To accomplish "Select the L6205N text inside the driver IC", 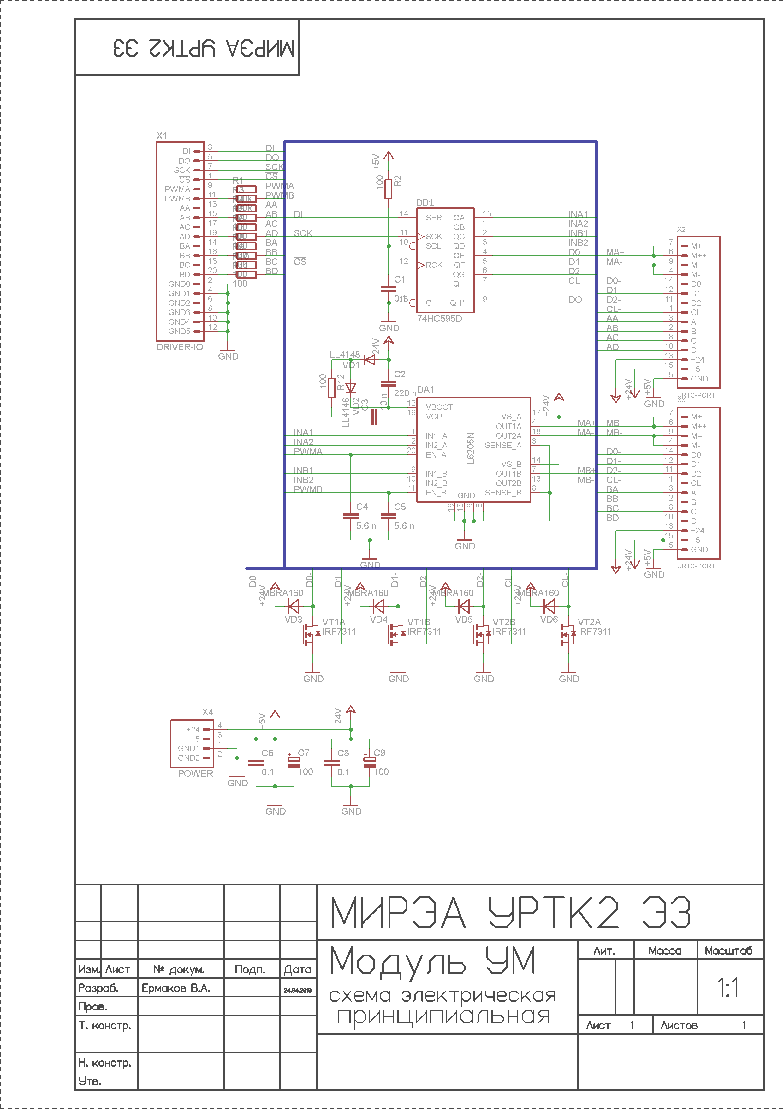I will [471, 448].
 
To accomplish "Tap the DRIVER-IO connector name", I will [180, 347].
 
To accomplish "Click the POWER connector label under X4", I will [195, 773].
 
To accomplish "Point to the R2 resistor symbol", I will [388, 189].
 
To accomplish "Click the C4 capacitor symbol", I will [350, 516].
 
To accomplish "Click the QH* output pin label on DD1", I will [457, 303].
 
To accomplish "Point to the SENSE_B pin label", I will [503, 493].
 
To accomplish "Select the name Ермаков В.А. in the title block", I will [176, 988].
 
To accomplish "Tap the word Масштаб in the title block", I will [728, 950].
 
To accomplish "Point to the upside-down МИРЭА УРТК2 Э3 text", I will [203, 48].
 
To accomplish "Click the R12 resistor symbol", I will [332, 388].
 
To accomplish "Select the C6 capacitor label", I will [267, 752].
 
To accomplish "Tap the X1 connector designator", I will [161, 136].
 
